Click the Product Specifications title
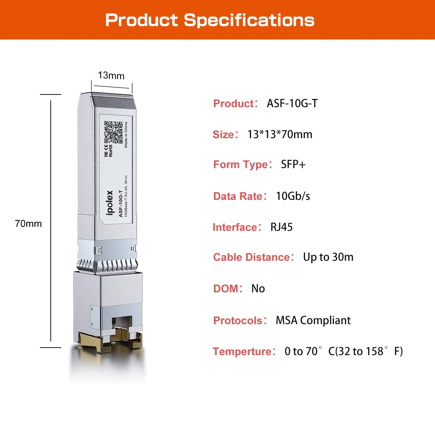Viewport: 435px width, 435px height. pos(210,20)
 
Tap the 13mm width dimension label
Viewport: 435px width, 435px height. pos(111,75)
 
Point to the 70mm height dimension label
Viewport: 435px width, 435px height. pos(29,223)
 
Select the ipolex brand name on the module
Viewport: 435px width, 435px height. pos(110,203)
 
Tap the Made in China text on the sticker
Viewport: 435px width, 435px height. pos(126,135)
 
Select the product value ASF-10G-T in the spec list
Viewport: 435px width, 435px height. pos(292,103)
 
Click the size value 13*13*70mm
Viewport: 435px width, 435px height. pos(280,134)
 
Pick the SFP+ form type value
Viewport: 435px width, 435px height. pos(293,164)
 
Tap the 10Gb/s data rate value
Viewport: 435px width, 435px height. pos(293,196)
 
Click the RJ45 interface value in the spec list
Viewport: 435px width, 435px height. pos(281,227)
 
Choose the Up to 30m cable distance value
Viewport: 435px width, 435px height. pos(328,257)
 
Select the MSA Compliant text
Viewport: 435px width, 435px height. pos(313,320)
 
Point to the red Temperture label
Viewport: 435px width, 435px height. pos(242,351)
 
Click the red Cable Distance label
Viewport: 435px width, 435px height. pos(251,257)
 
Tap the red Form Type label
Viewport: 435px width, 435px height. pos(241,164)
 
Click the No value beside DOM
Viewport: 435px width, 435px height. pos(258,288)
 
